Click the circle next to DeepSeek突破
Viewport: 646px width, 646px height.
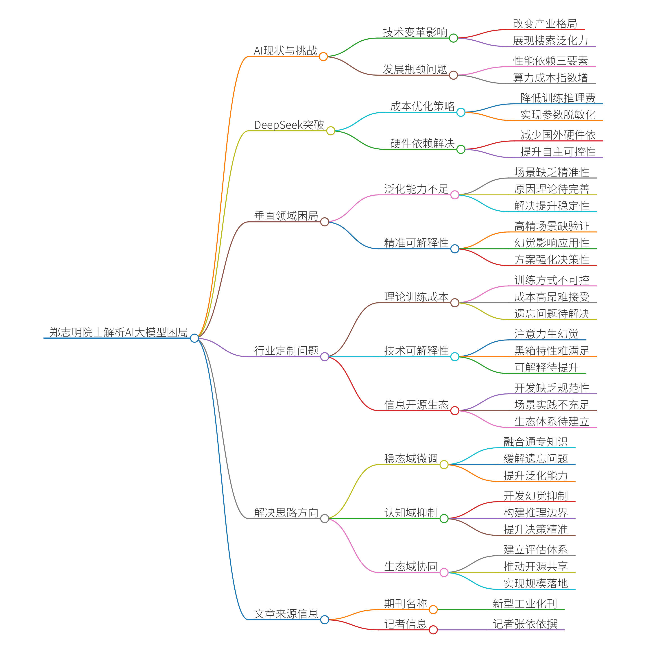[330, 131]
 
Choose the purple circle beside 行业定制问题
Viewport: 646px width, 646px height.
[324, 357]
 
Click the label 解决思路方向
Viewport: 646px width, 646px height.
[286, 512]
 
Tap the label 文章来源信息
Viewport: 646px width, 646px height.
[286, 613]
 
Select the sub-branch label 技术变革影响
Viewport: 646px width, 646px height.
[415, 32]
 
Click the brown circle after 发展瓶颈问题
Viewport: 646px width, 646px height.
[453, 75]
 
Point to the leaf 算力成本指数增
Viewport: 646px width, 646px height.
[550, 78]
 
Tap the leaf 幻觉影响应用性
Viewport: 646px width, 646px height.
[552, 243]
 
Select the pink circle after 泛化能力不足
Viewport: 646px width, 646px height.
[455, 195]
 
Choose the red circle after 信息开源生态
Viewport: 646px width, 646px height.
[455, 411]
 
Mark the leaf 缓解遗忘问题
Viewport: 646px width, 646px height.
[536, 458]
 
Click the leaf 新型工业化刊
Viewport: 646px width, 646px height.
[525, 604]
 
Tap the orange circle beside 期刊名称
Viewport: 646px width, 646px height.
[433, 610]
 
